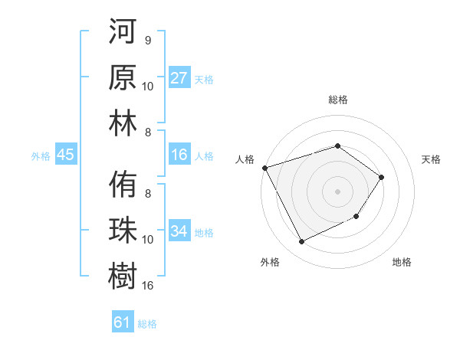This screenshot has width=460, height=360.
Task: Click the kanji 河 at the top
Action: click(x=123, y=35)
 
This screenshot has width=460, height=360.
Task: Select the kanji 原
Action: click(x=123, y=79)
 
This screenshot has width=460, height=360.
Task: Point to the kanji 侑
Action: click(x=123, y=184)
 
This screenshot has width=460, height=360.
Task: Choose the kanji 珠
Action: click(x=123, y=230)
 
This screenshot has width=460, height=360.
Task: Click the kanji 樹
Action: click(x=123, y=274)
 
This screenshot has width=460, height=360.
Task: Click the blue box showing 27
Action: click(x=179, y=78)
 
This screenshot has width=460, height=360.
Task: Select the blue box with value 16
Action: click(x=179, y=155)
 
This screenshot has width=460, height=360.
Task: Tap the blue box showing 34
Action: click(x=179, y=231)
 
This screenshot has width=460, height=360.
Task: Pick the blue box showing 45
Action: click(x=65, y=155)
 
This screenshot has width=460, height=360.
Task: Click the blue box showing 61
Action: click(x=123, y=322)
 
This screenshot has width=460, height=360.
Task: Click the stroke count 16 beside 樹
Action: click(x=148, y=286)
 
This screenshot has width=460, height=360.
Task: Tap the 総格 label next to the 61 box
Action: click(x=147, y=324)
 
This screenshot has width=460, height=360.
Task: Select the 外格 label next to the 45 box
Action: click(x=41, y=156)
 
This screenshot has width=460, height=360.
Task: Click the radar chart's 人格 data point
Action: click(x=264, y=167)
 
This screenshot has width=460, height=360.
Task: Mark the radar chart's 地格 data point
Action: click(x=356, y=218)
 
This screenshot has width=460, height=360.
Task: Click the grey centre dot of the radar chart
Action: click(x=337, y=191)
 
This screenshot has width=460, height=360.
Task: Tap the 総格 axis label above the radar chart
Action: click(x=337, y=100)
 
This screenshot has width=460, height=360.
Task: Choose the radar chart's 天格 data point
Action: click(x=381, y=177)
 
